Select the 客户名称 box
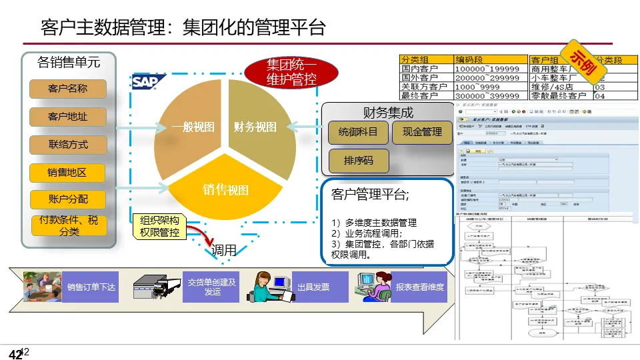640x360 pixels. tap(67, 89)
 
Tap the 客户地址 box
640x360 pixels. tap(67, 117)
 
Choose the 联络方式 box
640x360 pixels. tap(67, 145)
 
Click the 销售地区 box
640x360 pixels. tap(67, 173)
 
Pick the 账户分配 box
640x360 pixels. tap(67, 199)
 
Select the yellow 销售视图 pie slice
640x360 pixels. tap(225, 189)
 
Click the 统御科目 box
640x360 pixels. tap(358, 132)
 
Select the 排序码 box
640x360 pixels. tap(358, 161)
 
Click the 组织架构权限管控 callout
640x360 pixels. tap(159, 227)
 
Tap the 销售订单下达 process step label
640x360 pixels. tap(91, 287)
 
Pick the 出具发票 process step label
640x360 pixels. tap(313, 287)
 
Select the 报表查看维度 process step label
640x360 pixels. tap(419, 287)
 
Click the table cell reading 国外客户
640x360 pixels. tap(424, 77)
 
